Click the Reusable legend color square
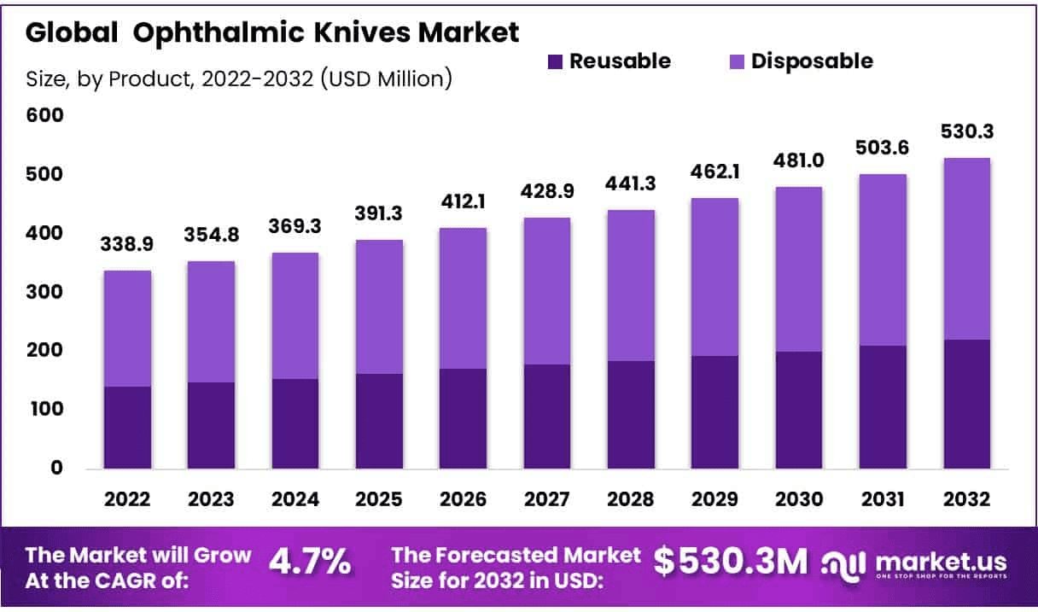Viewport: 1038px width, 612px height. click(555, 61)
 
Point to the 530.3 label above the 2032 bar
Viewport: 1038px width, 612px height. click(967, 132)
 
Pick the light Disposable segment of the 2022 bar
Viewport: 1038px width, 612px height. click(128, 329)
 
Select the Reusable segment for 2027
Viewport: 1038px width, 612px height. click(547, 417)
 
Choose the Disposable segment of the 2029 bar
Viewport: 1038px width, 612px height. click(714, 277)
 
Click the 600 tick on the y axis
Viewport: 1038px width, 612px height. click(44, 115)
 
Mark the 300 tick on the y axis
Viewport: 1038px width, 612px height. click(44, 292)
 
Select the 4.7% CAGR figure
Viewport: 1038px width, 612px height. click(310, 561)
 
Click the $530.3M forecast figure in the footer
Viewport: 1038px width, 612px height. click(730, 561)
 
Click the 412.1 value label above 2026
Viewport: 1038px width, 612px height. click(463, 205)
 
